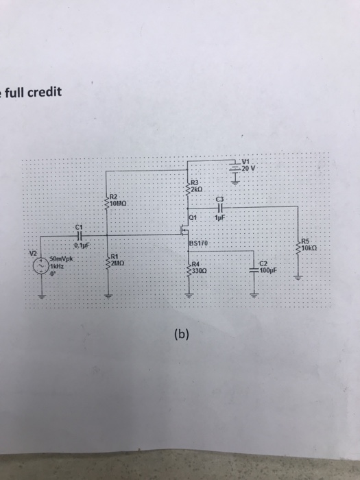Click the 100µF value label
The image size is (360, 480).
[269, 272]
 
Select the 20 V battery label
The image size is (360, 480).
[252, 167]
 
